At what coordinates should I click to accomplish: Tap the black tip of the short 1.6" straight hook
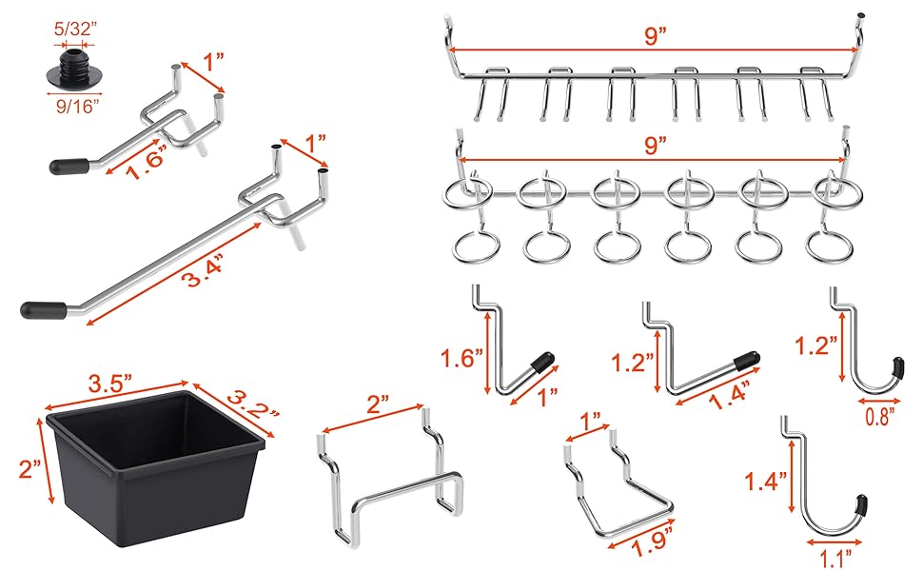(68, 166)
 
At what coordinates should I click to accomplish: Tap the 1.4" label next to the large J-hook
(762, 483)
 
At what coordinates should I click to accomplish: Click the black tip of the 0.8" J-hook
(899, 367)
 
